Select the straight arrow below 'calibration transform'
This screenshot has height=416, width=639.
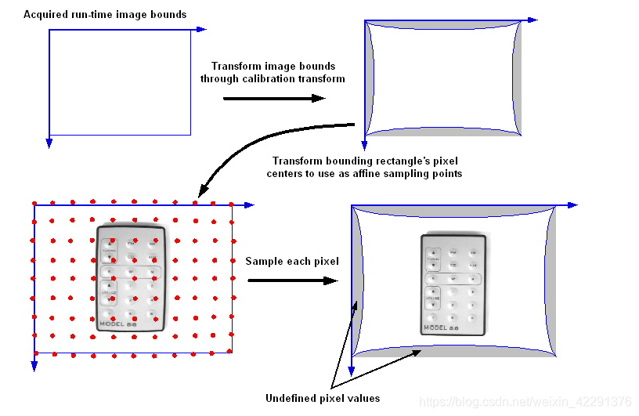tap(274, 98)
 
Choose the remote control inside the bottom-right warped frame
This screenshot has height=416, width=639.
tap(453, 283)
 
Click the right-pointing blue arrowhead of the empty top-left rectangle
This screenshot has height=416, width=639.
tap(202, 30)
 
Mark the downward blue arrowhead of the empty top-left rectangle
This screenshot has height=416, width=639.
tap(49, 143)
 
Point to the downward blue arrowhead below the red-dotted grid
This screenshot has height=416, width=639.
tap(34, 365)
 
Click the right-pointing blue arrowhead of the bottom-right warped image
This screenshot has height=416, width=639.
tap(573, 205)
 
